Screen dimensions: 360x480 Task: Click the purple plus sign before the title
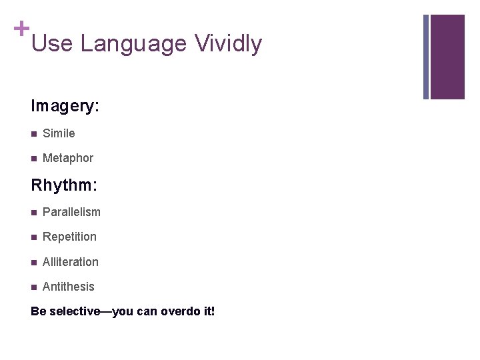tap(22, 29)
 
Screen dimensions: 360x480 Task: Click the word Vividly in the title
tap(228, 44)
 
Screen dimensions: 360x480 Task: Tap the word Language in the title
tap(133, 44)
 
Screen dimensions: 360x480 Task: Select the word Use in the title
tap(52, 44)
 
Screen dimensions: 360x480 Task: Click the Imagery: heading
tap(65, 106)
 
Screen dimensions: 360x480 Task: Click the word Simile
tap(59, 133)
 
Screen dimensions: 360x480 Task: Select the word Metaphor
tap(67, 158)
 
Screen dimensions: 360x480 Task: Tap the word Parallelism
tap(71, 212)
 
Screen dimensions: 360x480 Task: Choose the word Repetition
tap(69, 237)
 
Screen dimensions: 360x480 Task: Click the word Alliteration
tap(70, 262)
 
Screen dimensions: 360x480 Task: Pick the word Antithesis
tap(68, 287)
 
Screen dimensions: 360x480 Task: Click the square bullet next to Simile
tap(34, 134)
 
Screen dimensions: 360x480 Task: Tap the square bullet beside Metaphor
tap(34, 159)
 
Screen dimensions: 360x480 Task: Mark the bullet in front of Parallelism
tap(34, 213)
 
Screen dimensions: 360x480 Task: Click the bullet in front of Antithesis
tap(34, 287)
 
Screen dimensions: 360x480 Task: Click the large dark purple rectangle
tap(447, 57)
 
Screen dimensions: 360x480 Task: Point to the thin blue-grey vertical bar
tap(426, 57)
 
